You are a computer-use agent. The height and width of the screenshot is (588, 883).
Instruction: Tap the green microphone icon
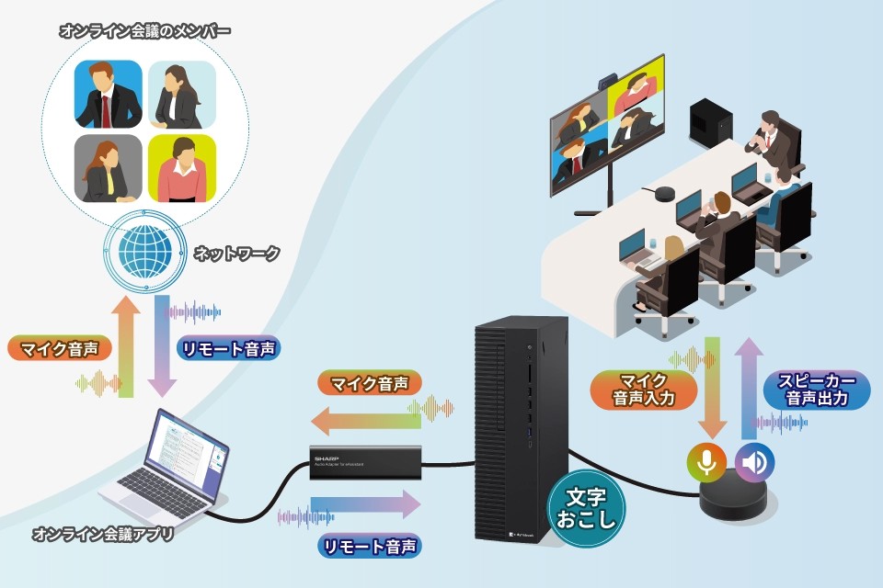point(706,462)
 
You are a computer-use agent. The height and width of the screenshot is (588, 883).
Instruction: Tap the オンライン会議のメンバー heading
point(144,31)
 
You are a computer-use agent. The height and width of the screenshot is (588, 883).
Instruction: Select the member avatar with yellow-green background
point(181,168)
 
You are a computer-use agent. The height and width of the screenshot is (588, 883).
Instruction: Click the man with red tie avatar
point(109,95)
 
